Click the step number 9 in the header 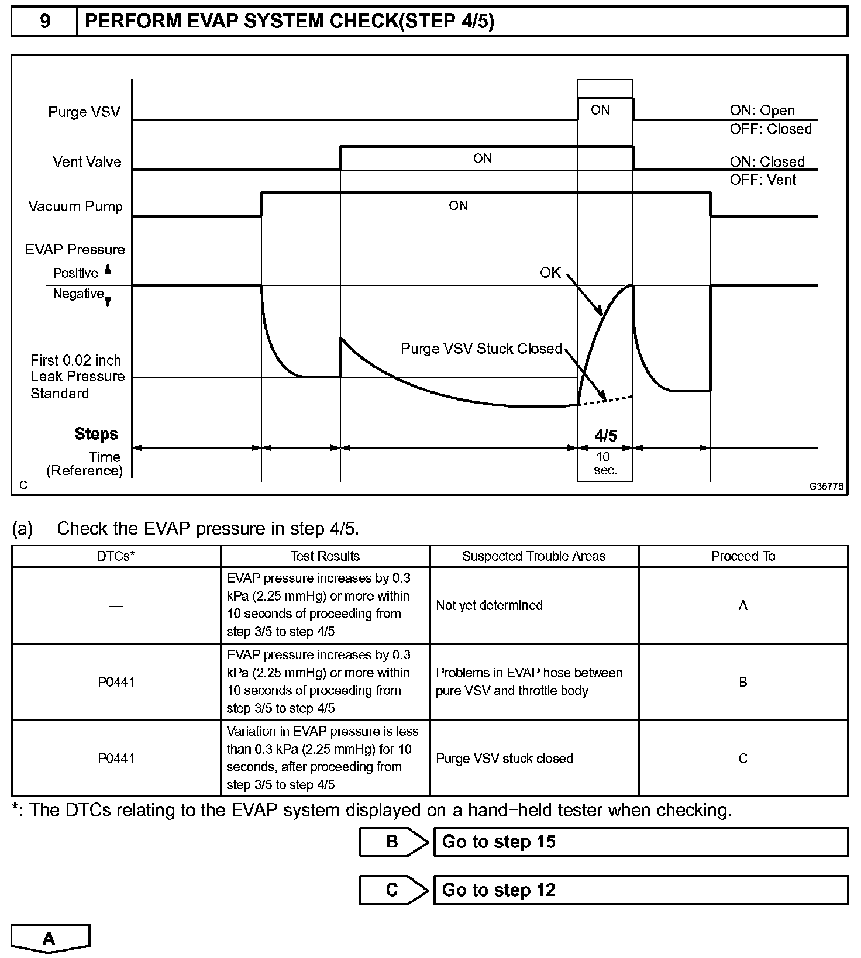coord(44,22)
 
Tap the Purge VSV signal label coord(84,112)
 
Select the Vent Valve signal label coord(87,162)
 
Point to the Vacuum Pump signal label coord(75,206)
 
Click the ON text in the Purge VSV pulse coord(600,111)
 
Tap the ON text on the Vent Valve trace coord(483,158)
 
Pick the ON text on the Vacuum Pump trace coord(458,206)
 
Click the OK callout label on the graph coord(550,273)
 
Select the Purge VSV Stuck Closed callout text coord(481,349)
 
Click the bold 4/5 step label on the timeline coord(605,436)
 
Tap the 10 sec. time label coord(605,464)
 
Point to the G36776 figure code coord(826,487)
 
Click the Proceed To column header coord(743,557)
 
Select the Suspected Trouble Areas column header coord(533,557)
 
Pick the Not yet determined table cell coord(489,606)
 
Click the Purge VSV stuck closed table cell coord(504,759)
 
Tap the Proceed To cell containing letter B coord(743,683)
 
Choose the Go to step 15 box coord(640,842)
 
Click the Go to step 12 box coord(640,890)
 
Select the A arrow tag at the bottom coord(50,939)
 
